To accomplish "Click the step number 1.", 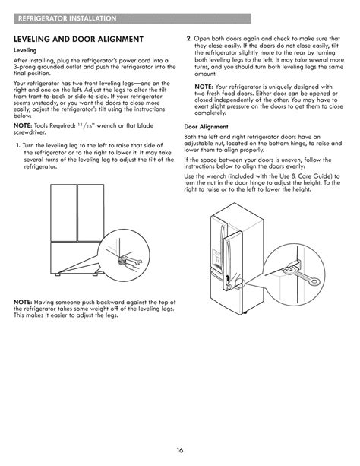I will (17, 145).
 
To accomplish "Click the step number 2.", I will (188, 37).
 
